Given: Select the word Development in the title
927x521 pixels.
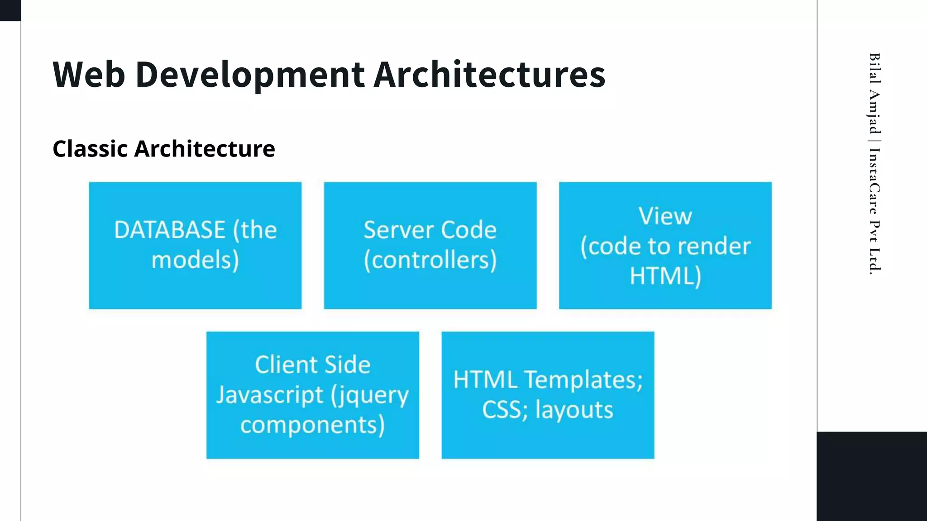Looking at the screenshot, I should click(250, 75).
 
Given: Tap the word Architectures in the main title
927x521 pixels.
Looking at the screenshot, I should click(489, 75).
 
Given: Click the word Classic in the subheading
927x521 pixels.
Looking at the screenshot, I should click(90, 149).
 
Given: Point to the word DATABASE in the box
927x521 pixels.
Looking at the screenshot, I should click(170, 230).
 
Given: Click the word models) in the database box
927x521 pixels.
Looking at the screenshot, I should click(195, 260).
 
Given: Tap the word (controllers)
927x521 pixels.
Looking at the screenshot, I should click(430, 260).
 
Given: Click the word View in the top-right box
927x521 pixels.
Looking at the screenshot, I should click(665, 216).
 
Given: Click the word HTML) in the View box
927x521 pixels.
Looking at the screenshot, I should click(665, 276).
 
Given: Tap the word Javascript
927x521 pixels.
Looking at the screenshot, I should click(270, 395).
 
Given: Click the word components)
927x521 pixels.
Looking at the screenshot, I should click(312, 425).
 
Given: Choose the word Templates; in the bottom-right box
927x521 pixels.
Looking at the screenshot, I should click(583, 379).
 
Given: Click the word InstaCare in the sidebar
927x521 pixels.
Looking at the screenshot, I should click(874, 181).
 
